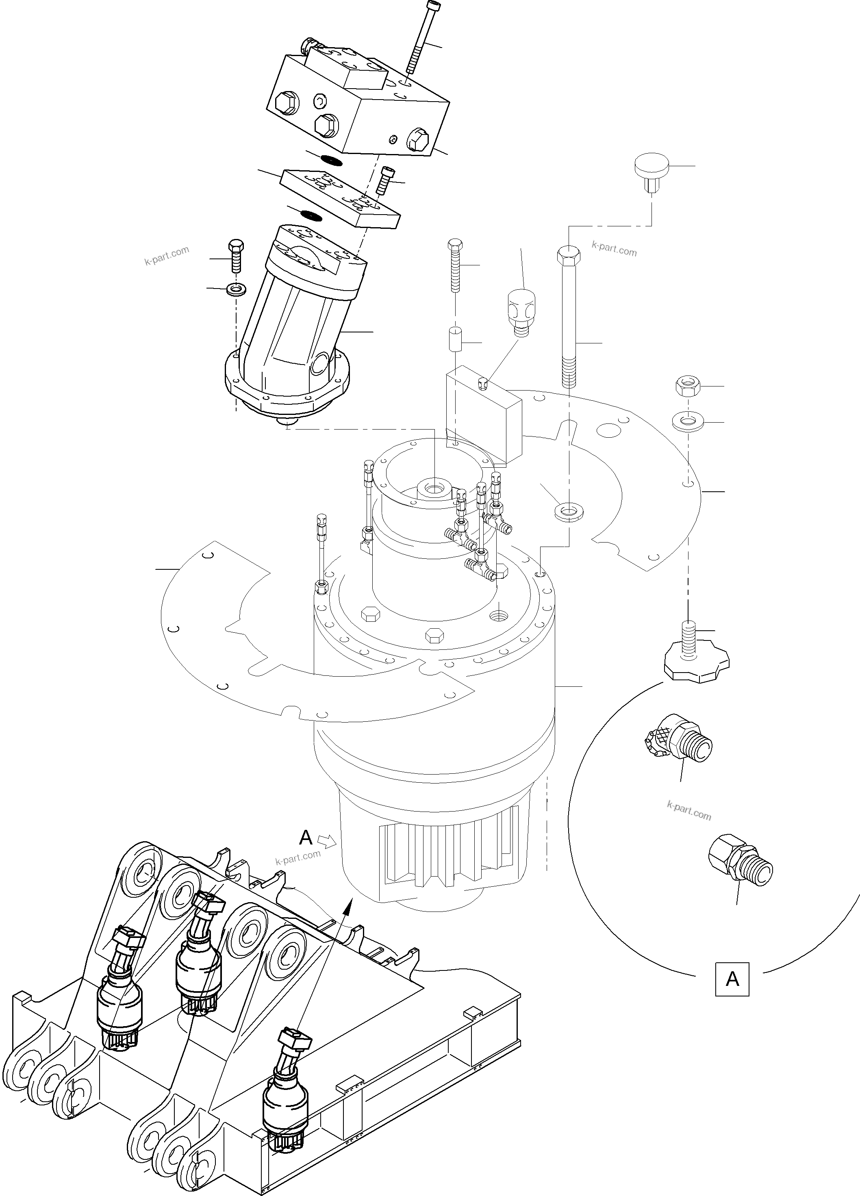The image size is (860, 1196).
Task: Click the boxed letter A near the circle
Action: [732, 979]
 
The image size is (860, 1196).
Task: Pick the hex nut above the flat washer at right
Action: [687, 386]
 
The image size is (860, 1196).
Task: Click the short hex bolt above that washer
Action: [236, 255]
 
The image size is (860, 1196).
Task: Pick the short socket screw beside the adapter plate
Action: [385, 181]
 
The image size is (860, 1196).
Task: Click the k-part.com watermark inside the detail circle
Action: [688, 811]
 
